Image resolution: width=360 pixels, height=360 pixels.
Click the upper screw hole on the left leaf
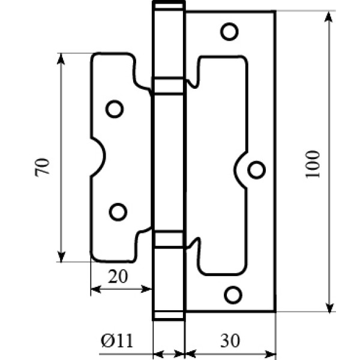click(114, 109)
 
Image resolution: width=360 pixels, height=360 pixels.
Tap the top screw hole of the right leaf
click(228, 31)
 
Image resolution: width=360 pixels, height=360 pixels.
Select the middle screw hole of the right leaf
click(256, 170)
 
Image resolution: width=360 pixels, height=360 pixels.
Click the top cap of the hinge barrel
click(169, 7)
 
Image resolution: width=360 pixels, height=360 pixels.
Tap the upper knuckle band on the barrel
click(169, 85)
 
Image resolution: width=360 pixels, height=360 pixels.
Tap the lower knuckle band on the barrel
click(169, 239)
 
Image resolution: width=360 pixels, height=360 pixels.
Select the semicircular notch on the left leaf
click(100, 157)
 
